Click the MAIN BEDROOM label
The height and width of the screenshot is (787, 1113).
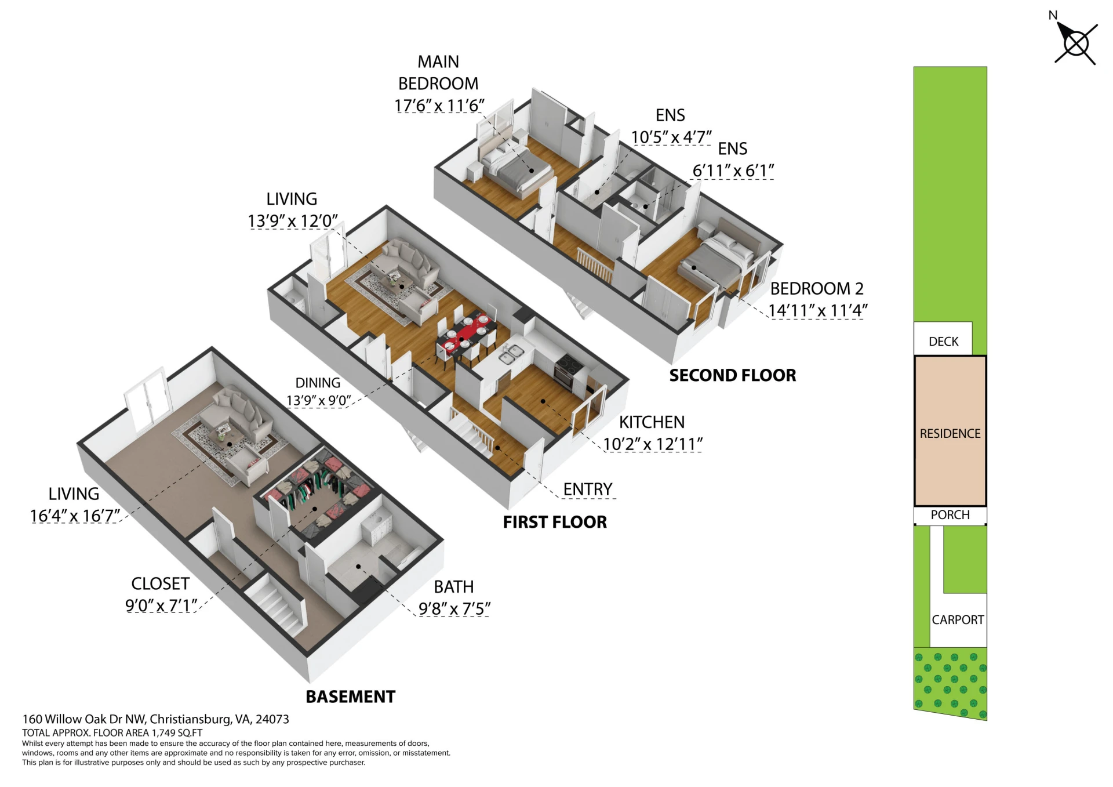(x=438, y=72)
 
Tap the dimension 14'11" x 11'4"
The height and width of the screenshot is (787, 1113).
(x=817, y=310)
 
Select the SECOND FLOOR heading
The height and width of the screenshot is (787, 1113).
(x=733, y=375)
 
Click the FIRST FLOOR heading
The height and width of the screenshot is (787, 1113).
(x=555, y=522)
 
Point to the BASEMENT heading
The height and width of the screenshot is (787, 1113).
(x=351, y=697)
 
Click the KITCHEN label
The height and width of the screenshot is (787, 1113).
(x=652, y=422)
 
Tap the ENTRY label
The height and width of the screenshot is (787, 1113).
(x=588, y=489)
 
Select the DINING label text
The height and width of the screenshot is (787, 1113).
(x=318, y=383)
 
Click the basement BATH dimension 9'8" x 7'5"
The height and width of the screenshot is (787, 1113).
(x=454, y=608)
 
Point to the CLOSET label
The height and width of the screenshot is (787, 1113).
(x=161, y=583)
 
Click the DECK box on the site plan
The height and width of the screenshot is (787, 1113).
(x=943, y=339)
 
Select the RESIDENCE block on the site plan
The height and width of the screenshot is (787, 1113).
(x=950, y=431)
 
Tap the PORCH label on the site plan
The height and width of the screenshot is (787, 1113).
(x=950, y=514)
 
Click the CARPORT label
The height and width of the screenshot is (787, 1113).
(x=958, y=619)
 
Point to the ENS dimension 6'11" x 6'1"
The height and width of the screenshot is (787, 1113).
(x=733, y=171)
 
